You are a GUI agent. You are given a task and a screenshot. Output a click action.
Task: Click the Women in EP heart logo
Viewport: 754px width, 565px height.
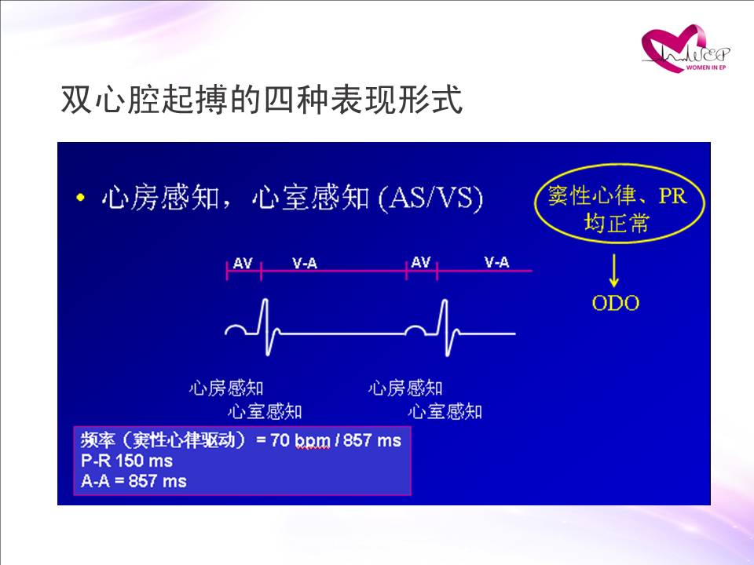pos(686,49)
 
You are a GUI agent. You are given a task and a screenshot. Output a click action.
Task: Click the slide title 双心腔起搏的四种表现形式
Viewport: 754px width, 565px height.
pos(262,100)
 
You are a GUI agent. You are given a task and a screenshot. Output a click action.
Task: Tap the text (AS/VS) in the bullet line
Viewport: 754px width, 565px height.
pos(430,198)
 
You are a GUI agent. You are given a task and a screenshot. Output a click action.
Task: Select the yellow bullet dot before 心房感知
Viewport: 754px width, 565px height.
pos(80,198)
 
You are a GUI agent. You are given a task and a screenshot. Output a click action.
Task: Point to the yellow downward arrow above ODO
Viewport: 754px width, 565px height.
pos(613,271)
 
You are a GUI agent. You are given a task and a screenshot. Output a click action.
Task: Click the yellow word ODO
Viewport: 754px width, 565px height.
pos(616,303)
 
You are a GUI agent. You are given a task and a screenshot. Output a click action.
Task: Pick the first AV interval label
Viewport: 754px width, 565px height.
pos(243,263)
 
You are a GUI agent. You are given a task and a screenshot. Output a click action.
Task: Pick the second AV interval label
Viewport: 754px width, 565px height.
pos(421,262)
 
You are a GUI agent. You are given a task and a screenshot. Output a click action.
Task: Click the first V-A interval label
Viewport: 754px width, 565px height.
pos(305,263)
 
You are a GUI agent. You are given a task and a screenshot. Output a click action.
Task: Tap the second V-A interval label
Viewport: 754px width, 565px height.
pos(496,262)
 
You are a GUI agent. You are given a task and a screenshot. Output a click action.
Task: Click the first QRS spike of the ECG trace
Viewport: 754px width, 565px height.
pos(265,326)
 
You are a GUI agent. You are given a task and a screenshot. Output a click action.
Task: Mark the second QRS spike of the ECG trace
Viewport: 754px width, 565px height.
pos(445,327)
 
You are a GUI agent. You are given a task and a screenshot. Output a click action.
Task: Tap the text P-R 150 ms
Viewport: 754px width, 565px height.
pos(127,461)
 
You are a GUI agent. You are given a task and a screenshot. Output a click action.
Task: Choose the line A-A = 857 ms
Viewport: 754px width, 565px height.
pos(134,481)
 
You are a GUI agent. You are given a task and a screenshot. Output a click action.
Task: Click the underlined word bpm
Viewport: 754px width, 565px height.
pos(312,441)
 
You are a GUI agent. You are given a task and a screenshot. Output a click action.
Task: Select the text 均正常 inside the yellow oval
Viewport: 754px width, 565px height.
pos(617,224)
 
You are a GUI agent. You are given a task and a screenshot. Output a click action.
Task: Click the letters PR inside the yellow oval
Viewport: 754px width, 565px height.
pos(672,195)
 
